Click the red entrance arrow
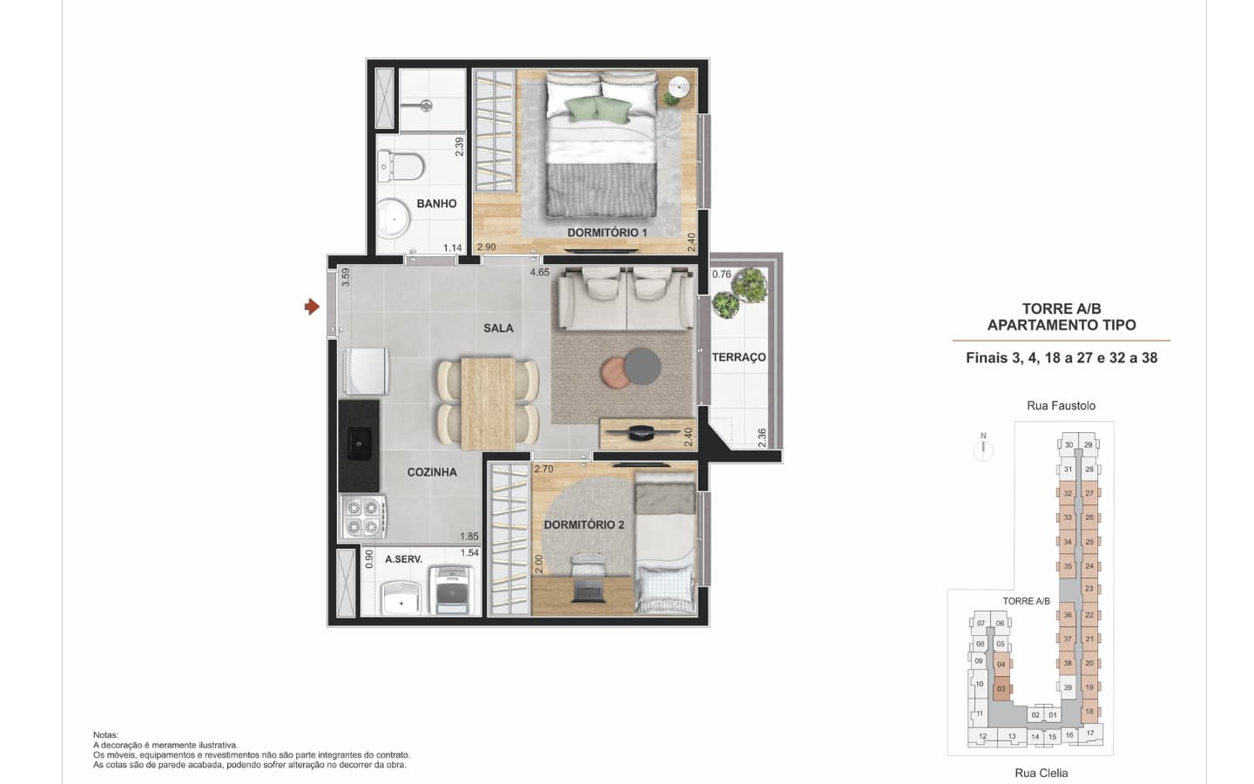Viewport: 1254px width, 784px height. [x=312, y=307]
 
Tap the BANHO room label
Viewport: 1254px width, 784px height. [x=436, y=204]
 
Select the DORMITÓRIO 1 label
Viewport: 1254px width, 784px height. [x=608, y=233]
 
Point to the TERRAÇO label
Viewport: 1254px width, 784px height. [x=739, y=357]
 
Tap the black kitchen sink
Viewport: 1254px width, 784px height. [x=360, y=443]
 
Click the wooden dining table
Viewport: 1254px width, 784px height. [x=488, y=403]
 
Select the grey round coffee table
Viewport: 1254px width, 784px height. [x=642, y=367]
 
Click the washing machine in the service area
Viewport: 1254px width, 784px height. [x=451, y=591]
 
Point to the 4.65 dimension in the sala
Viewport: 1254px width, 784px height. [x=540, y=273]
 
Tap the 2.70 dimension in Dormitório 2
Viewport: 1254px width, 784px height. [x=543, y=469]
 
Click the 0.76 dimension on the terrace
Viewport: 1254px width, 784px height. [x=722, y=274]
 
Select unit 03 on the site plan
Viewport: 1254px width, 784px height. [x=1001, y=689]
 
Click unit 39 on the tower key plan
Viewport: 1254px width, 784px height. [x=1068, y=687]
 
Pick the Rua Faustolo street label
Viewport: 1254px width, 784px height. [x=1061, y=405]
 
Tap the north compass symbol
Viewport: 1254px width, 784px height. [x=983, y=447]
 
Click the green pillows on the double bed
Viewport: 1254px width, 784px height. [x=598, y=109]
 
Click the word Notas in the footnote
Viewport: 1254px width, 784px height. [x=106, y=734]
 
